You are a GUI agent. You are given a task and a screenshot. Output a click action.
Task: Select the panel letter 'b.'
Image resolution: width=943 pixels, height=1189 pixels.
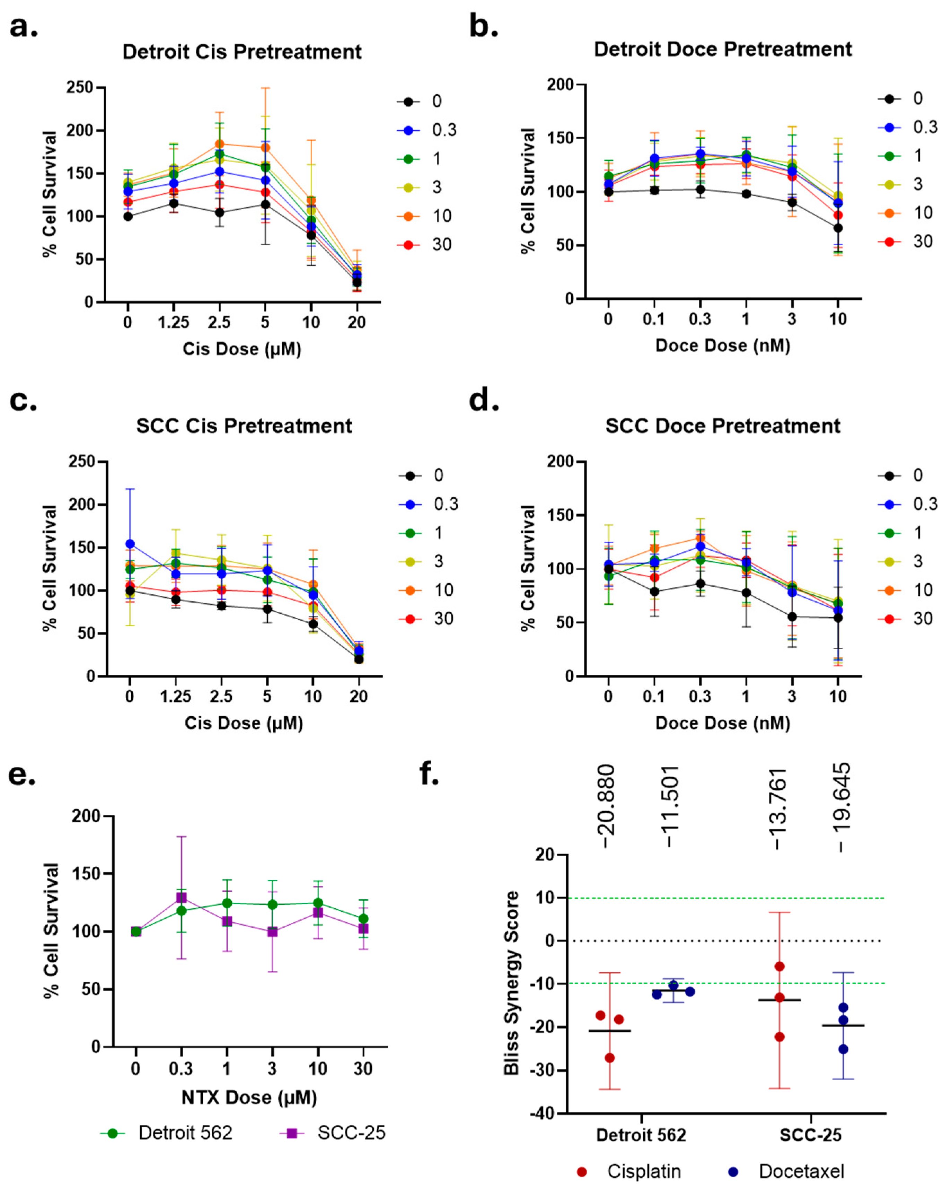483,26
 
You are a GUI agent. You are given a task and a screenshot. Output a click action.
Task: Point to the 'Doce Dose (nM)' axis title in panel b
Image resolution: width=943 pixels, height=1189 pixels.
722,346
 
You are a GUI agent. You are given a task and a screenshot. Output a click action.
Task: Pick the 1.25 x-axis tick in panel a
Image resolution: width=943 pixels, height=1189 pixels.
174,322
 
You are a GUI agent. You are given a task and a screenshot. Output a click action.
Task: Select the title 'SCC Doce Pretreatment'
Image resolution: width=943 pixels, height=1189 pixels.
722,426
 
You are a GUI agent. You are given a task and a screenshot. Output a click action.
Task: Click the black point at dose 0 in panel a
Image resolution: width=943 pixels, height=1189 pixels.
128,216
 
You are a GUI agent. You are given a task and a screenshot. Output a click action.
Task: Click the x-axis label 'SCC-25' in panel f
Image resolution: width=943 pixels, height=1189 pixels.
810,1135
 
